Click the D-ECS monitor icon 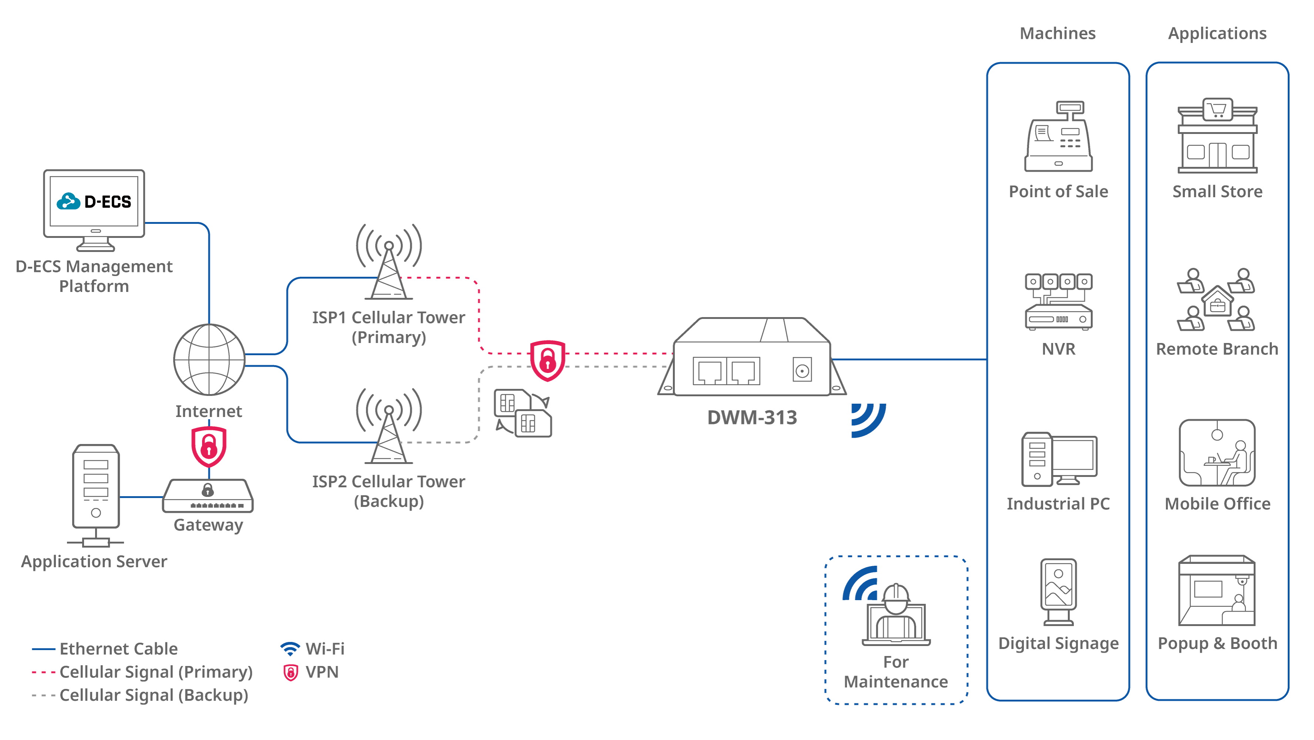coord(94,209)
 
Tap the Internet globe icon coord(209,360)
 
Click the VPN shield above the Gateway coord(209,446)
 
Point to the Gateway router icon coord(208,496)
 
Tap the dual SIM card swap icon coord(523,413)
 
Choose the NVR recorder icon coord(1058,302)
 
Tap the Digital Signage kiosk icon coord(1058,592)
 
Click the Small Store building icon coord(1217,136)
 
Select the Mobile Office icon coord(1217,453)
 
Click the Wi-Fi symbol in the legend coord(290,649)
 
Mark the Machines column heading coord(1058,34)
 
